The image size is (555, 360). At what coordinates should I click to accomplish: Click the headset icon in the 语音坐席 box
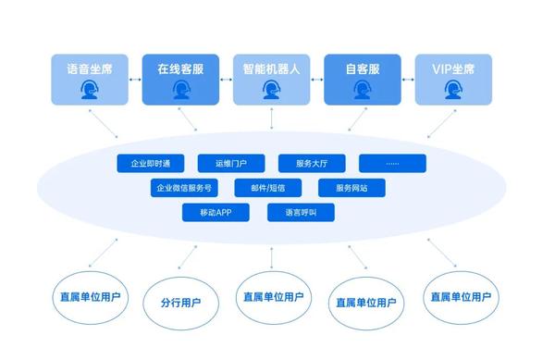(x=89, y=90)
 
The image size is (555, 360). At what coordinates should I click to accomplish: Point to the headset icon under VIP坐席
(x=453, y=90)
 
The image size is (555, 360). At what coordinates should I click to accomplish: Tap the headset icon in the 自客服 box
(x=361, y=90)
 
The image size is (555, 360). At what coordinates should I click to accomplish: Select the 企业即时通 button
(x=150, y=164)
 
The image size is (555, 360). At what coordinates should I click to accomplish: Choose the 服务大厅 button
(x=312, y=164)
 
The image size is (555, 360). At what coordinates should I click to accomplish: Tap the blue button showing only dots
(x=393, y=164)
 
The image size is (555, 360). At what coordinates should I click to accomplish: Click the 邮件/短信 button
(x=267, y=188)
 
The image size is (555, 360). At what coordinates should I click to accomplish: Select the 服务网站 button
(x=351, y=188)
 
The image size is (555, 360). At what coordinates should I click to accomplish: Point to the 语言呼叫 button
(x=300, y=212)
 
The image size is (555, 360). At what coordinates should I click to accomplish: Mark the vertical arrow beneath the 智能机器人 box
(x=270, y=118)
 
